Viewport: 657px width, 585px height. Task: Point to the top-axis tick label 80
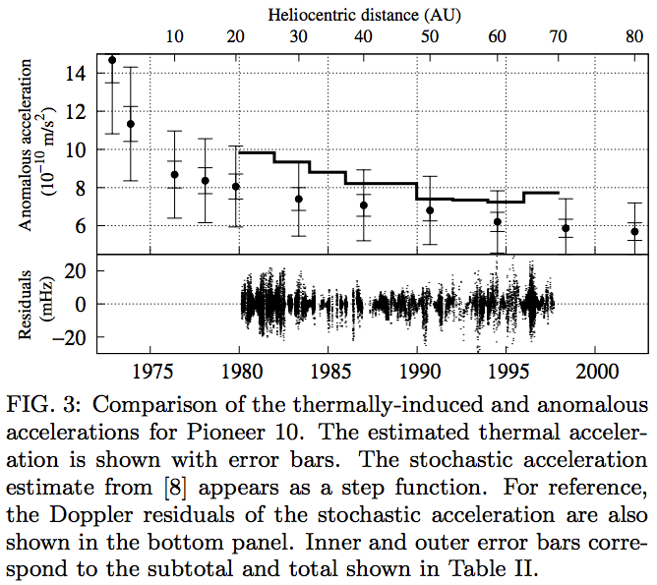[x=634, y=37]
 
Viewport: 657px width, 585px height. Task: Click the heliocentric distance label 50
[x=430, y=37]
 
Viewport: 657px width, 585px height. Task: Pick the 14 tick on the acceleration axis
[x=76, y=73]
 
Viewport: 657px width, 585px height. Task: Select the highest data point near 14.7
[x=112, y=60]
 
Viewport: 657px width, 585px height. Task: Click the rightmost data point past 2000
[x=635, y=232]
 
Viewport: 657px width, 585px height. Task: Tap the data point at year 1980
[x=236, y=187]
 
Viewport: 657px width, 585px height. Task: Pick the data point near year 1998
[x=566, y=228]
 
